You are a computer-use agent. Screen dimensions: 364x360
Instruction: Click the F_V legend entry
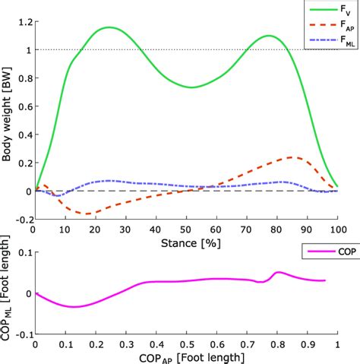tap(326, 11)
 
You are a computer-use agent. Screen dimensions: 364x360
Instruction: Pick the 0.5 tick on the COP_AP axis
tap(186, 343)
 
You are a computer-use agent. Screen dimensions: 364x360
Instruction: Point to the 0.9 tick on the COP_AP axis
tap(307, 343)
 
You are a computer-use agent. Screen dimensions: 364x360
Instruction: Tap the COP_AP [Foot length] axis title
tap(186, 356)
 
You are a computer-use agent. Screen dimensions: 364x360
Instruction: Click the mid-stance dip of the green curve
tap(192, 87)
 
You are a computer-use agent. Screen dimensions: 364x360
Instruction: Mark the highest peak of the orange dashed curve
tap(292, 157)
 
